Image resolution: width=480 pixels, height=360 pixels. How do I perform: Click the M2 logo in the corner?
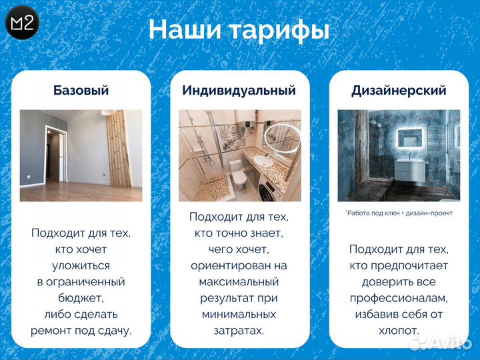pos(23,23)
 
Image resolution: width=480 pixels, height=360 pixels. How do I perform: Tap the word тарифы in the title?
pos(279,30)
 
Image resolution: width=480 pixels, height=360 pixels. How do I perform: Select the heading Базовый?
pos(81,91)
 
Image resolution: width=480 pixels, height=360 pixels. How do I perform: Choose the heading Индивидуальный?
pos(239,91)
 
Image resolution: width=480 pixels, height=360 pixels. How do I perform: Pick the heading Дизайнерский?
pos(399,91)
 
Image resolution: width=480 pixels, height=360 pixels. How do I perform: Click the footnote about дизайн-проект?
pos(399,213)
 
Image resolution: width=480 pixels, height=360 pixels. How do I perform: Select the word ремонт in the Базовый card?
pos(55,330)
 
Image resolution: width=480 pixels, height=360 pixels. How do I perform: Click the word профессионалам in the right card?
pos(399,297)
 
